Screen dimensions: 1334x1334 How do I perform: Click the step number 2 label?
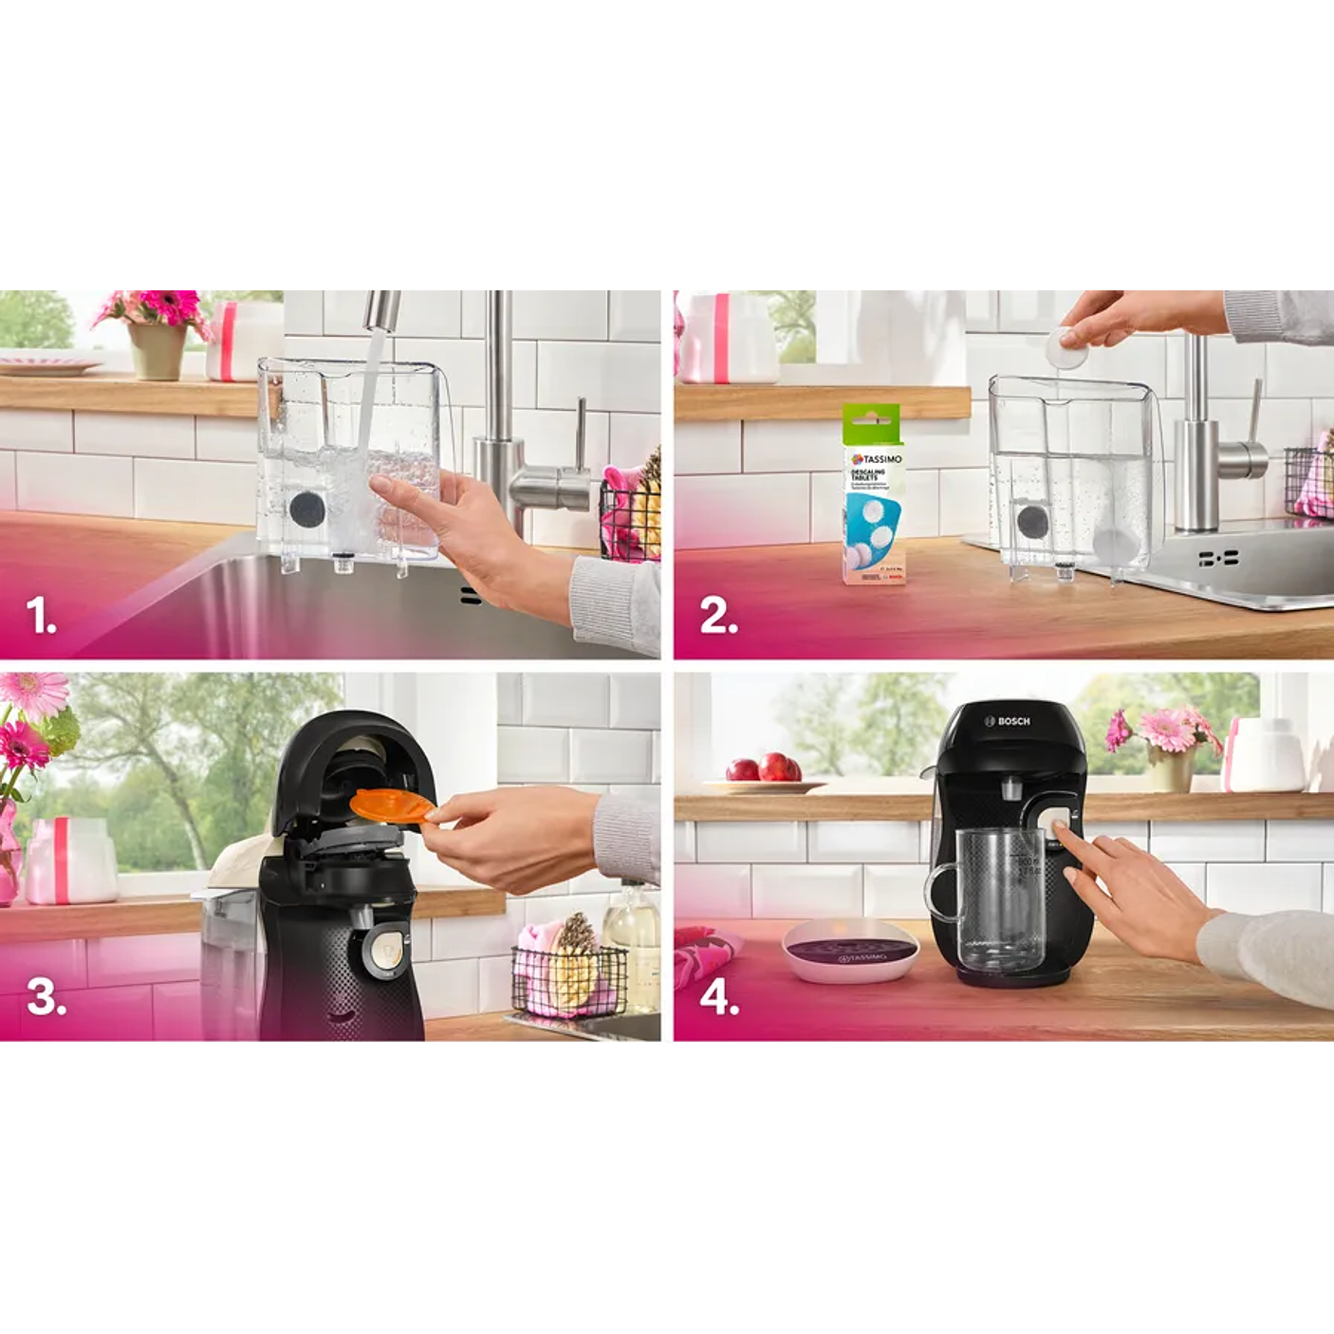tap(718, 617)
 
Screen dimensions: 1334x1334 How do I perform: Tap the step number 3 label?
tap(46, 997)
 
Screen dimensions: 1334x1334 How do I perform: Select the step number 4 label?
tap(719, 998)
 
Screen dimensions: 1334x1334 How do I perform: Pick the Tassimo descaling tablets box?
tap(873, 493)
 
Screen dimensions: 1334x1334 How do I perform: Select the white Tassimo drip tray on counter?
tap(850, 951)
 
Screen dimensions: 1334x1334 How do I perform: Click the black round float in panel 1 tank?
tap(306, 510)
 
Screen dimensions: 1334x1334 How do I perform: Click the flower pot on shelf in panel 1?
tap(157, 349)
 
